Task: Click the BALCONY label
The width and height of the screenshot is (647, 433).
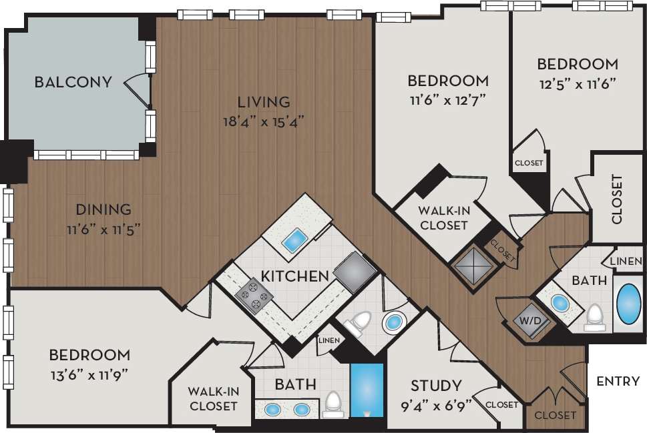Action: click(73, 82)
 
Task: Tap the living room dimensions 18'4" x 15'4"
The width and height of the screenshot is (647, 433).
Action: click(264, 121)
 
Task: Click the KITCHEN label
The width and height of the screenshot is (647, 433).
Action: click(294, 276)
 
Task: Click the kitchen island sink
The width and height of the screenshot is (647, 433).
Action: click(294, 240)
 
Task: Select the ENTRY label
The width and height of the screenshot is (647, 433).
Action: click(618, 382)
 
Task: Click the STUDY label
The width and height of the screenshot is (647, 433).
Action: click(435, 386)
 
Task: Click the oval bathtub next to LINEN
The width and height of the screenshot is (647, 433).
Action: click(628, 305)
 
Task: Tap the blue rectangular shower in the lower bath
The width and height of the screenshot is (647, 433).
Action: click(367, 390)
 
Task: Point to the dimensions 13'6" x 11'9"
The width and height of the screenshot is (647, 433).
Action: click(89, 374)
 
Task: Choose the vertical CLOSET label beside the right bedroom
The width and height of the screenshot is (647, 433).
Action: click(617, 199)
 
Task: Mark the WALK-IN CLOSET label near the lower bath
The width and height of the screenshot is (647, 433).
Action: click(213, 398)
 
